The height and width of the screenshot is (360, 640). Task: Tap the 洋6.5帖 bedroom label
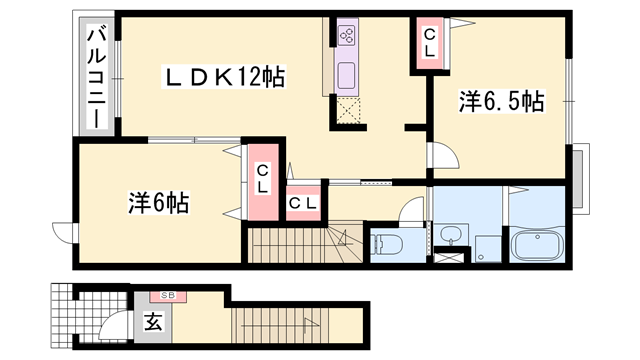click(501, 101)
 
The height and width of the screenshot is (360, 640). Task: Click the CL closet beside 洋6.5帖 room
click(429, 43)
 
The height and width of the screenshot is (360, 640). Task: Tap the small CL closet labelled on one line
click(304, 202)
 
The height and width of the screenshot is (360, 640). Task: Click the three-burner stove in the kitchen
click(348, 37)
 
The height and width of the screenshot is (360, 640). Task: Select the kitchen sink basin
click(348, 75)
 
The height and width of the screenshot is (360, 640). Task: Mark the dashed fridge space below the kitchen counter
click(348, 110)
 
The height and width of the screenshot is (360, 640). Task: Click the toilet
click(387, 243)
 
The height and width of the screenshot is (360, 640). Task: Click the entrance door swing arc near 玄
click(116, 327)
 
